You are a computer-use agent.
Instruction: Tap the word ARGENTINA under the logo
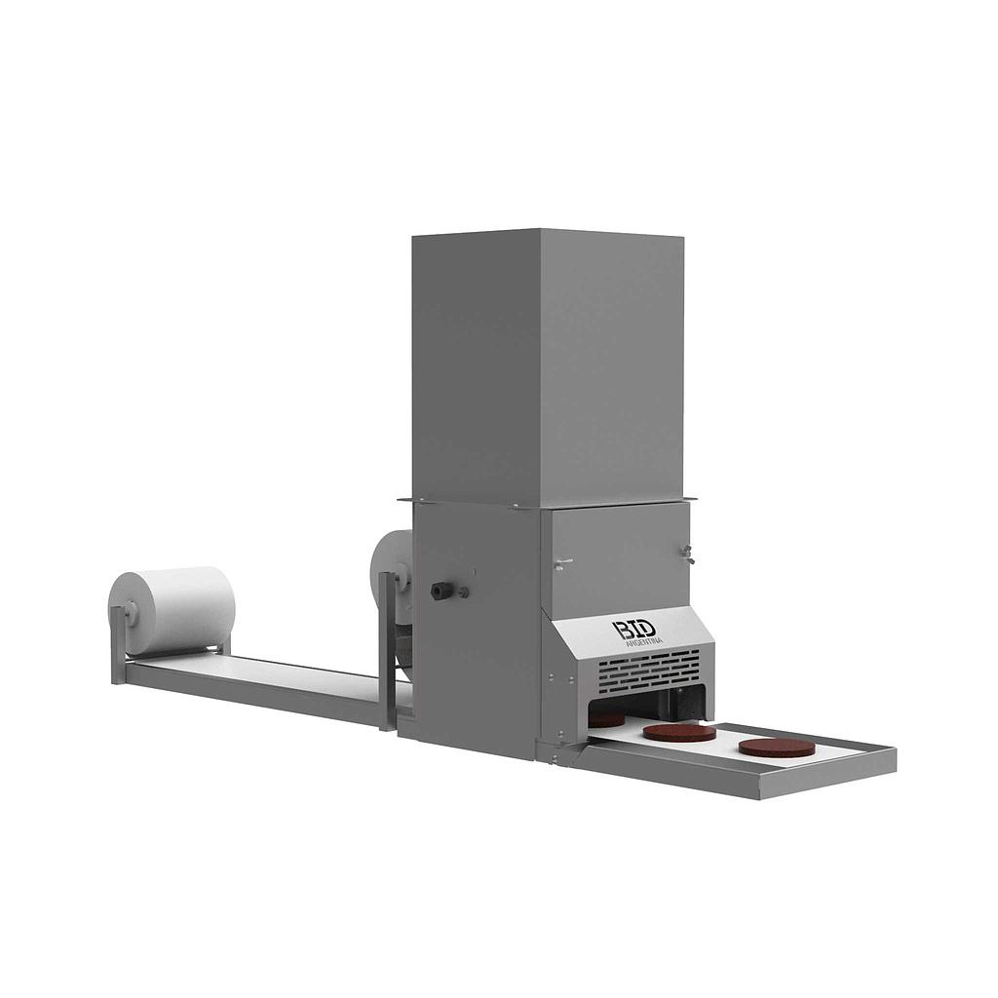click(x=644, y=641)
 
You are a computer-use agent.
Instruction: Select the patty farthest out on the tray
click(x=776, y=747)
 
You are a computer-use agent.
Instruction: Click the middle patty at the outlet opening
click(x=679, y=732)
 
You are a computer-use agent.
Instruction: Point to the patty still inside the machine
click(x=606, y=719)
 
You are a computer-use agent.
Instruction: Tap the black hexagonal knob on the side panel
click(x=440, y=590)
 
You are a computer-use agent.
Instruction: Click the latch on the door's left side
click(x=561, y=563)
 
